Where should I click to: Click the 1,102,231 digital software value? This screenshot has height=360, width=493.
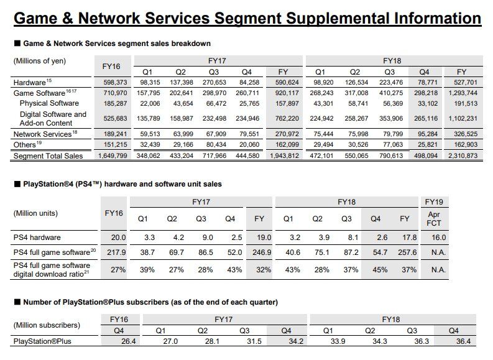(462, 118)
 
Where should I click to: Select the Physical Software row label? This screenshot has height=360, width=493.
(50, 103)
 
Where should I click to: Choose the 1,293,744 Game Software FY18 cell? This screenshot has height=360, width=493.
(462, 93)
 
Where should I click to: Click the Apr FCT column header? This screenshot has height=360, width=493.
(434, 218)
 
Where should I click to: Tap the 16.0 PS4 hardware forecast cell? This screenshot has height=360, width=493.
(434, 237)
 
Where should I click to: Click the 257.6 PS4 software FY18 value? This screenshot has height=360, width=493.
(405, 253)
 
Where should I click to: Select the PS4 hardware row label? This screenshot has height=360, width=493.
(37, 237)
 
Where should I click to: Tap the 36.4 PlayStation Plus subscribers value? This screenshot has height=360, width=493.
(462, 341)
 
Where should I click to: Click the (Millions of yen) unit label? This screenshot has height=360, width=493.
(40, 61)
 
